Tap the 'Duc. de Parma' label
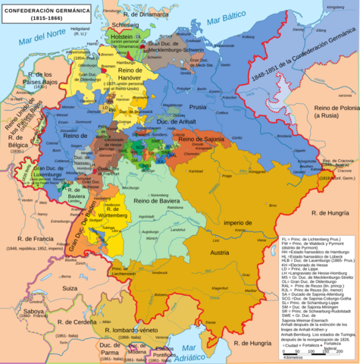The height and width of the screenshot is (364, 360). tap(91, 350)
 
